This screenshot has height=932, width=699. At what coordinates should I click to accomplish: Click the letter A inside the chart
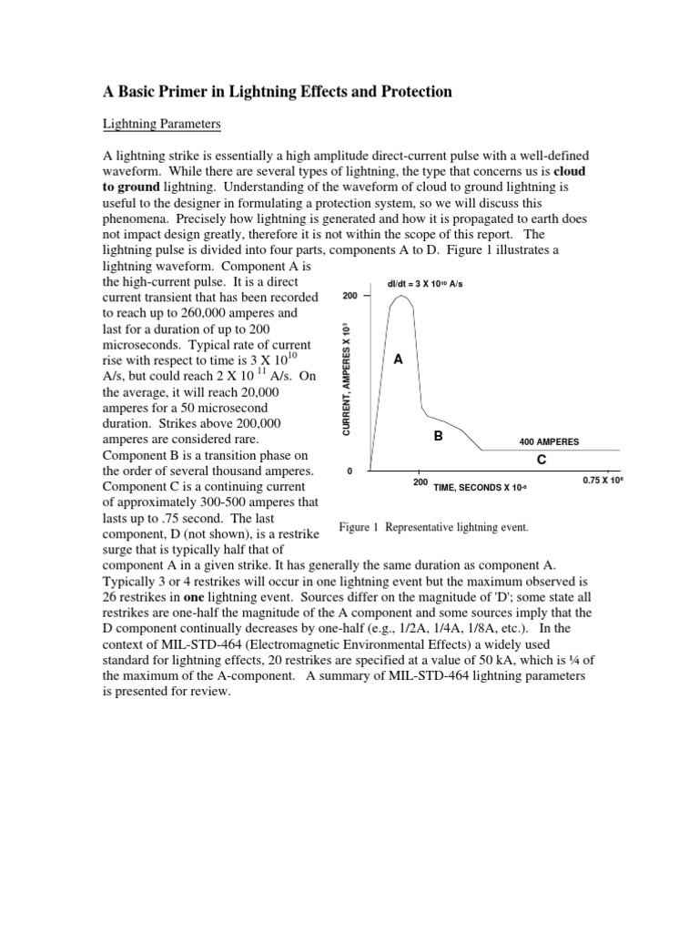coord(398,360)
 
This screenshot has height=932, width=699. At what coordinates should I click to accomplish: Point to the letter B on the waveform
coord(438,437)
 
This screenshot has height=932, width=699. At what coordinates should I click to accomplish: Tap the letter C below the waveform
coord(542,461)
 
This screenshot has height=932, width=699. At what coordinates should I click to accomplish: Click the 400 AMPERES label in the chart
coord(549,441)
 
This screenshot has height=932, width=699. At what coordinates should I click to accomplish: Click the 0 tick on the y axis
coord(350,471)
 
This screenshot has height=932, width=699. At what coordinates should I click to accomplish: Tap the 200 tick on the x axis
coord(420,482)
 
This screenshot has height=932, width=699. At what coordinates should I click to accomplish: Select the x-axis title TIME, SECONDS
coord(480,489)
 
